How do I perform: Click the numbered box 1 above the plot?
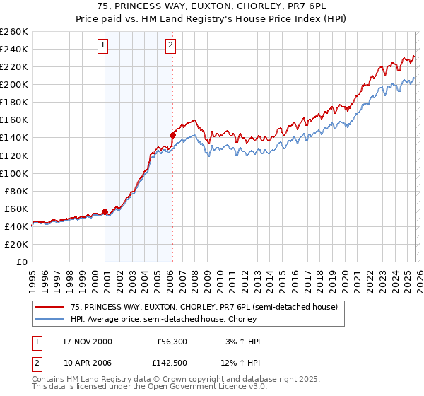[103, 46]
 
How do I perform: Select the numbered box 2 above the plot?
[171, 46]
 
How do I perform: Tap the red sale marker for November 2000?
[105, 211]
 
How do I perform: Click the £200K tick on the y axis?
[14, 84]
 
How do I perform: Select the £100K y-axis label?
[14, 173]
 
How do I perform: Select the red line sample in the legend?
[51, 307]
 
